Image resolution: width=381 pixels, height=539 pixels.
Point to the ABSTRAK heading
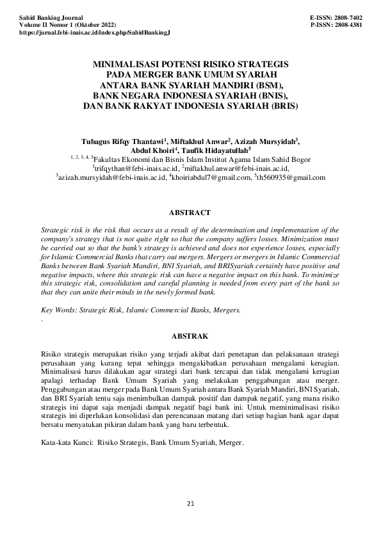click(x=190, y=335)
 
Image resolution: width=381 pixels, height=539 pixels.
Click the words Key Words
click(x=56, y=310)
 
